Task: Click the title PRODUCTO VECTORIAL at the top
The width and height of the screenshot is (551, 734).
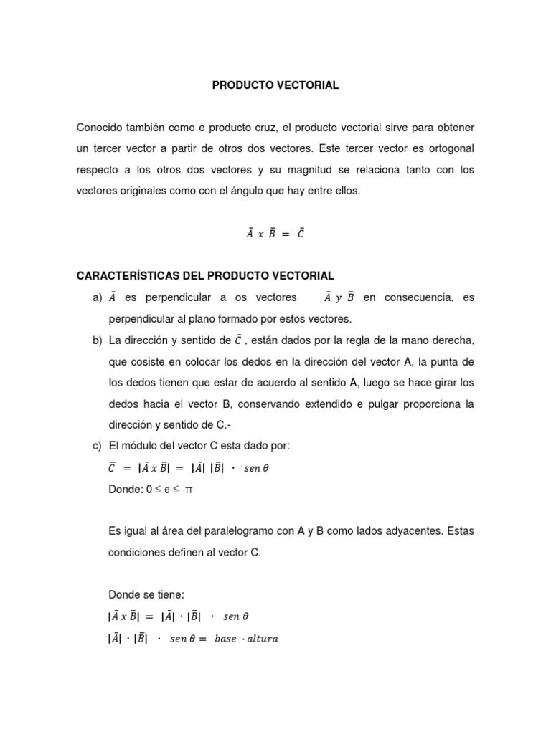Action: pos(275,85)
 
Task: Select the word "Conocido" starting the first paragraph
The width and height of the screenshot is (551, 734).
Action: pos(100,128)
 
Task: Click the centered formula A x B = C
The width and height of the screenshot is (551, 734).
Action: pos(275,234)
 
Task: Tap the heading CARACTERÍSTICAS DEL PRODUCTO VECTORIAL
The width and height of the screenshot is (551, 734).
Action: pos(205,276)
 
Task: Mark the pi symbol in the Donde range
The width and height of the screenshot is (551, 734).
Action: pos(189,490)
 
